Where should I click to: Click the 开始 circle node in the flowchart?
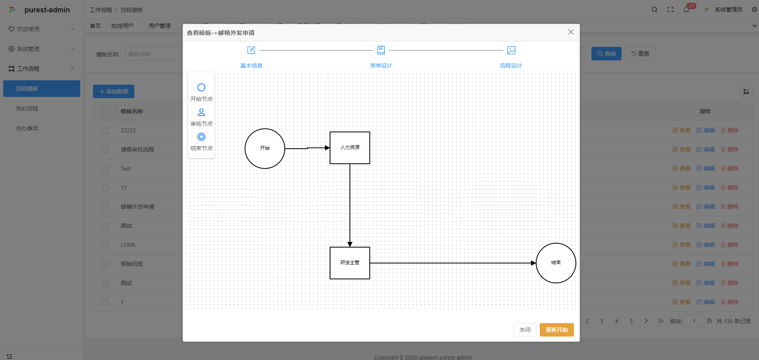click(x=265, y=149)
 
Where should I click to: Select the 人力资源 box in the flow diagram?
click(x=350, y=148)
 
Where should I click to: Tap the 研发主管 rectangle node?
click(x=350, y=263)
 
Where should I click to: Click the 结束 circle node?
click(x=556, y=263)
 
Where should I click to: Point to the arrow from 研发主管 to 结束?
click(x=453, y=263)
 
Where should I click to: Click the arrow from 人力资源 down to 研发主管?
click(x=350, y=205)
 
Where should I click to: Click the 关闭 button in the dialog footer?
click(x=525, y=330)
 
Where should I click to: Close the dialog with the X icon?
click(x=571, y=32)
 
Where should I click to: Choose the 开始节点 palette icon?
click(x=201, y=87)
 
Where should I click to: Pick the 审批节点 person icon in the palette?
click(x=201, y=112)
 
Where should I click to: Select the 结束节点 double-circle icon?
click(x=201, y=137)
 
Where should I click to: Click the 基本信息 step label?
click(x=251, y=66)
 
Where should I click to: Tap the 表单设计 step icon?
click(x=381, y=50)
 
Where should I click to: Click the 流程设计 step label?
click(x=511, y=66)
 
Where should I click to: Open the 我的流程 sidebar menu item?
click(x=27, y=108)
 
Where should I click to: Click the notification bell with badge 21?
click(x=686, y=10)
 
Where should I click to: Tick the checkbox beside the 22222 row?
click(x=105, y=131)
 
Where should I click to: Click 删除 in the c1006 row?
click(x=730, y=245)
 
